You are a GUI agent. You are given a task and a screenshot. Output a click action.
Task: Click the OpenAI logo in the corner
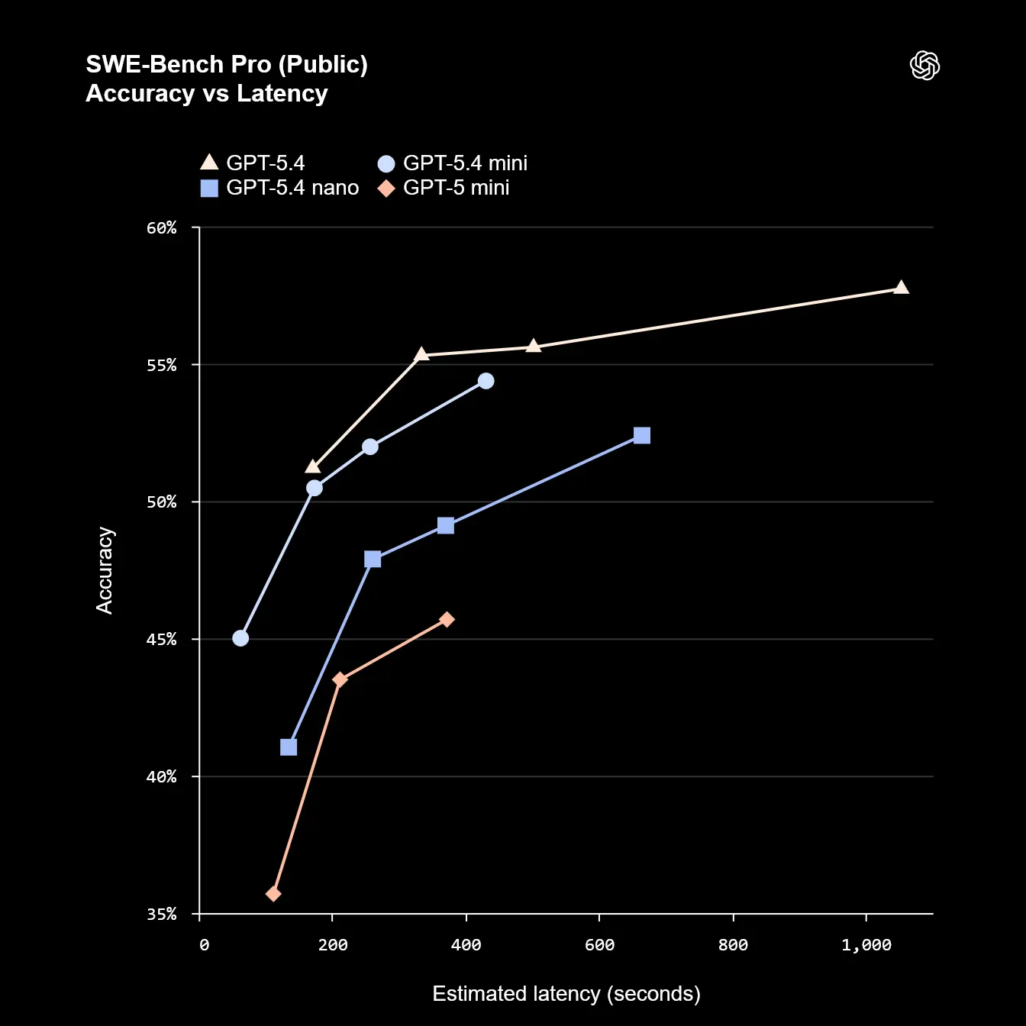click(x=924, y=66)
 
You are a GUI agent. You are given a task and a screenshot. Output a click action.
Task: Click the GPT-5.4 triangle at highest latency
click(x=901, y=288)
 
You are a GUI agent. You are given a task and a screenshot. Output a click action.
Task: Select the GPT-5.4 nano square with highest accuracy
click(x=642, y=435)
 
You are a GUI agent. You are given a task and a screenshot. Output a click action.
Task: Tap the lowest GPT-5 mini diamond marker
click(x=273, y=893)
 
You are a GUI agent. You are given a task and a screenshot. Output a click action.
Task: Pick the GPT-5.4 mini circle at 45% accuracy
click(x=240, y=638)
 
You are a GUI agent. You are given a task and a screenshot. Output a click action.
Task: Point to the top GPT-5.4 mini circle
click(x=486, y=381)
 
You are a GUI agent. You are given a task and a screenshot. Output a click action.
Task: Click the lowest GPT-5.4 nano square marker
click(x=289, y=747)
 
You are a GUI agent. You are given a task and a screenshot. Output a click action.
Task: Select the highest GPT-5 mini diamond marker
click(x=447, y=619)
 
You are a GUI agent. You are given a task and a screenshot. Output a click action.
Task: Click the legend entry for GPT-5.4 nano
click(x=292, y=188)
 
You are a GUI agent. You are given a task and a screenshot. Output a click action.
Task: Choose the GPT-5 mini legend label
click(x=456, y=188)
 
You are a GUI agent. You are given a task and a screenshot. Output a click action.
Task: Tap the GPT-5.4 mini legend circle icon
click(x=386, y=163)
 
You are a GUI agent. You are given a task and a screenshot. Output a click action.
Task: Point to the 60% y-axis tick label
click(x=162, y=228)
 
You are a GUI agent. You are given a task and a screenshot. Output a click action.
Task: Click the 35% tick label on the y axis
click(x=162, y=915)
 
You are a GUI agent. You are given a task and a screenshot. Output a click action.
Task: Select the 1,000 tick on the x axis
click(x=866, y=945)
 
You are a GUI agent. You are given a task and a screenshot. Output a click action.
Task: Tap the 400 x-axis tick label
click(x=466, y=945)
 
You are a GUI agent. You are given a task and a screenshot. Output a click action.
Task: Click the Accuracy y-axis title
click(x=105, y=570)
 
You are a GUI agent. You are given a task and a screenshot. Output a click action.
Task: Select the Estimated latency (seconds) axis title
click(x=566, y=994)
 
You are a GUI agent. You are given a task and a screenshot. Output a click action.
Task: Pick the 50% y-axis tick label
click(x=162, y=502)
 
